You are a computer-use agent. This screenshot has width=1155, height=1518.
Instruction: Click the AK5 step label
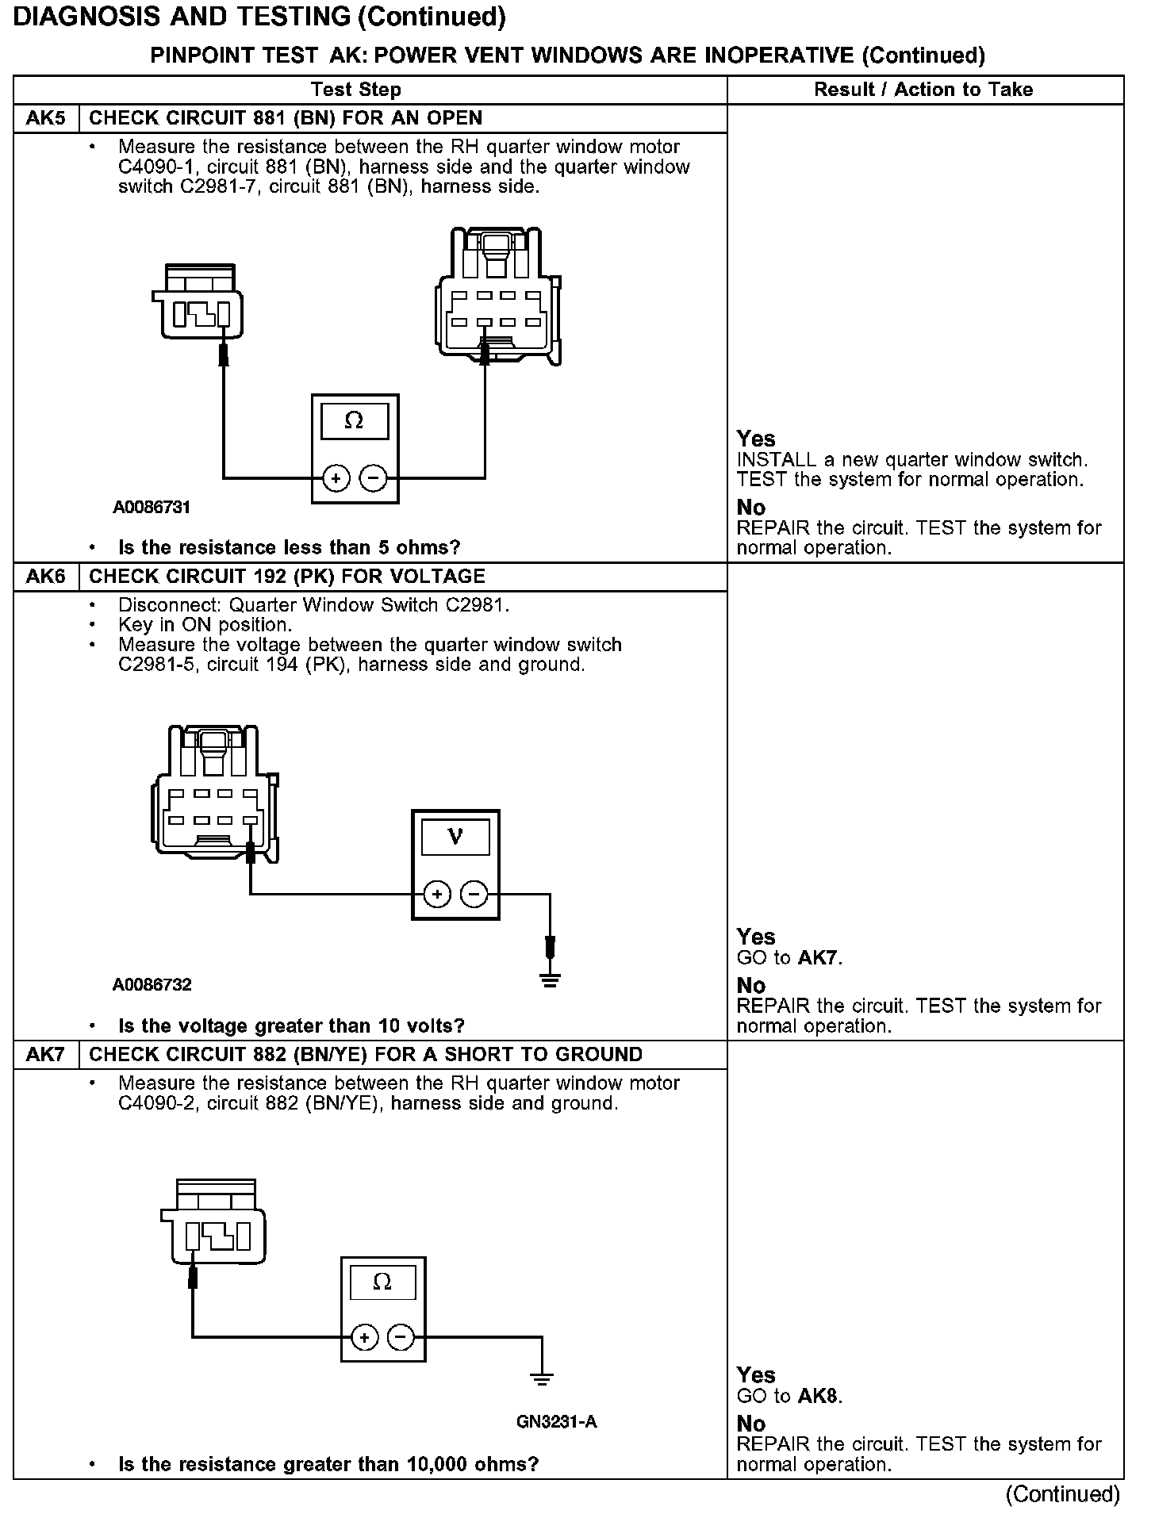45,119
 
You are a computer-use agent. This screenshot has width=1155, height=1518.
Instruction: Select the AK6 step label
45,577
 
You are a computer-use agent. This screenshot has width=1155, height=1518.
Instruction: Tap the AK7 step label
45,1055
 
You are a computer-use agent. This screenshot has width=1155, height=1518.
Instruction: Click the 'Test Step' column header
356,90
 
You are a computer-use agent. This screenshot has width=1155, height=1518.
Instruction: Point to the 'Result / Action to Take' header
923,90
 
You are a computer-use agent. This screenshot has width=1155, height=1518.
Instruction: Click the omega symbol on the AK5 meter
354,421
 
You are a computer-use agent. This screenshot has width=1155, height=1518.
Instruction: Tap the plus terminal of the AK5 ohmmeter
336,478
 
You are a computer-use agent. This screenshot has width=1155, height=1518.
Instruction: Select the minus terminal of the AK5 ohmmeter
373,478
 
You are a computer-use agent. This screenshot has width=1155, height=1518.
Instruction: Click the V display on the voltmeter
455,836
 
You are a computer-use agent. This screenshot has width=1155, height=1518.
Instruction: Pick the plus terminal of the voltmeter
437,895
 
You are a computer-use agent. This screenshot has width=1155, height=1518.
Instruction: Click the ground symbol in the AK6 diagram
550,980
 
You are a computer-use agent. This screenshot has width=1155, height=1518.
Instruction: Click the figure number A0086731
152,508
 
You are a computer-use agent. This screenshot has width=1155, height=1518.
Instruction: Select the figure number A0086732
152,985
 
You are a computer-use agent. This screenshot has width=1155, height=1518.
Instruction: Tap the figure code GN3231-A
557,1422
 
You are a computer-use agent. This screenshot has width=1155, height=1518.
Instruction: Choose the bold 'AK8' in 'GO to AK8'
817,1397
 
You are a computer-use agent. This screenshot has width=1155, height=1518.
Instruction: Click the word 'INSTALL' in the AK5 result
777,460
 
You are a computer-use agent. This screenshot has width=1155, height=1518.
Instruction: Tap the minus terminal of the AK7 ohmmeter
401,1338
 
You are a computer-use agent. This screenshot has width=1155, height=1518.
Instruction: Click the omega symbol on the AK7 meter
382,1282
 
